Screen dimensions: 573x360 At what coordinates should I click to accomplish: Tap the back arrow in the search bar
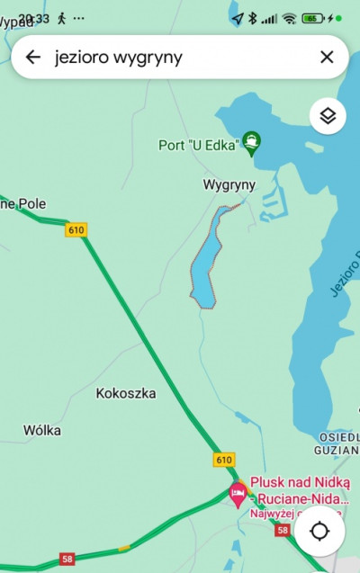[33, 58]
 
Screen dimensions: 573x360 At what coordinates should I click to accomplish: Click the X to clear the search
[327, 58]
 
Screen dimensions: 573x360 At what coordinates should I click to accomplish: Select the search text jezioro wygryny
[118, 58]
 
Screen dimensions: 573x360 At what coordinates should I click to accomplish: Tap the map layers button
[328, 116]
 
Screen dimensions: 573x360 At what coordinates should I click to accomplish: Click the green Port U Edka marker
[253, 142]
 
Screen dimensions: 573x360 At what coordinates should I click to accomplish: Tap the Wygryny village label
[229, 184]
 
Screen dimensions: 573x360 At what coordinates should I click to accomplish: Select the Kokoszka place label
[125, 393]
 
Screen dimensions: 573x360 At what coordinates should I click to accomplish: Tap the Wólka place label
[42, 430]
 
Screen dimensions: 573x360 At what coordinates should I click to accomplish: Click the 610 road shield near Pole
[76, 230]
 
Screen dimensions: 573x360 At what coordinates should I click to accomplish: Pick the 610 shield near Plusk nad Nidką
[224, 460]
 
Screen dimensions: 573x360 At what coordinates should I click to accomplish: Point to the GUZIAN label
[337, 448]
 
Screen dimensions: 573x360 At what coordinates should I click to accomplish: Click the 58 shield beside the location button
[283, 532]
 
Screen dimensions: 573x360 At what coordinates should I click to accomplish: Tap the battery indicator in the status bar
[313, 18]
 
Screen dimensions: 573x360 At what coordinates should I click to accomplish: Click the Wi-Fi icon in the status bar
[288, 18]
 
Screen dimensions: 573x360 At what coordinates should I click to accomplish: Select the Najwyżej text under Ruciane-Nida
[273, 515]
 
